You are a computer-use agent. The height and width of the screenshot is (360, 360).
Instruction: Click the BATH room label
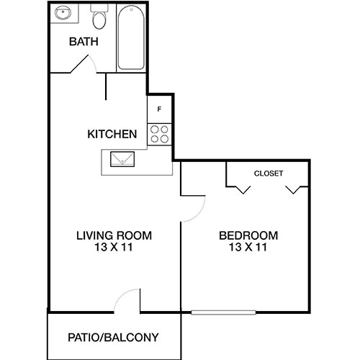(84, 41)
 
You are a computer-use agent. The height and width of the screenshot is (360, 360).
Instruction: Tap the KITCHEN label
(112, 134)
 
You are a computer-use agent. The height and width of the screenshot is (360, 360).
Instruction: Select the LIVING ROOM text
(114, 235)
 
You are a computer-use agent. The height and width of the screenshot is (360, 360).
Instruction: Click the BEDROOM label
(248, 235)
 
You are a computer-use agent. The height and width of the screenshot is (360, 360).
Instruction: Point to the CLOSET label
(269, 174)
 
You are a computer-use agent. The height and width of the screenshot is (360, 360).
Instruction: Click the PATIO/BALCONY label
(113, 337)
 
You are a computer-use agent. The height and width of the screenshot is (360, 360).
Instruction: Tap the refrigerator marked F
(159, 109)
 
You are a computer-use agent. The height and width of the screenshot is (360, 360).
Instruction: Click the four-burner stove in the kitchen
(159, 133)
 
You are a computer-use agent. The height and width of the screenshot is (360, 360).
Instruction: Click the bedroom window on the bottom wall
(223, 312)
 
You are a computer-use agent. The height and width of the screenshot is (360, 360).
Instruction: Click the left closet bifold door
(241, 189)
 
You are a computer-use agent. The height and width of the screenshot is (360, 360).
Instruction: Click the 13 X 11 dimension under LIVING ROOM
(114, 248)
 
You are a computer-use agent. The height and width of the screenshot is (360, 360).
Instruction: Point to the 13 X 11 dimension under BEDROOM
(248, 248)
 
